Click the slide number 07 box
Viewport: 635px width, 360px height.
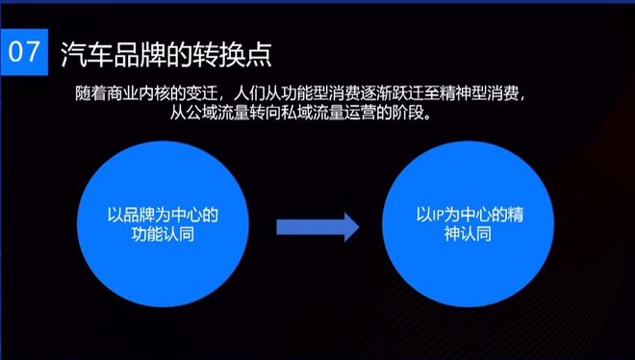pos(25,51)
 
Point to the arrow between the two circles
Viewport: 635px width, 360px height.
pos(317,227)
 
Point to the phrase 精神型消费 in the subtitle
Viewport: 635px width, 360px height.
pos(486,92)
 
